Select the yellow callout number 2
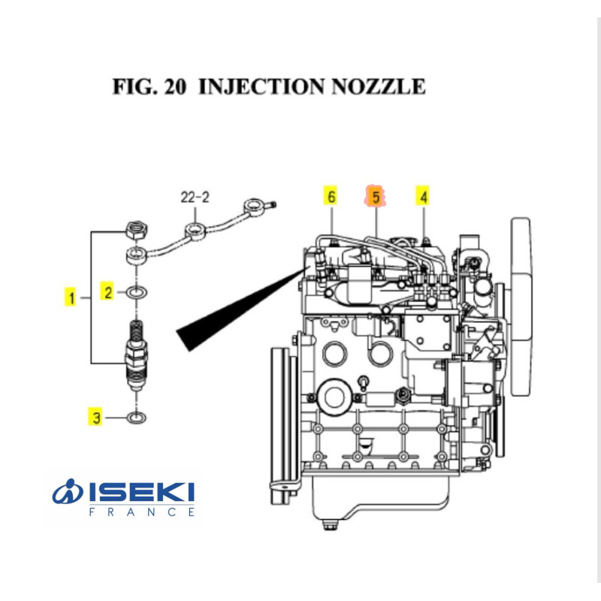click(108, 292)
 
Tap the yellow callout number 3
click(95, 416)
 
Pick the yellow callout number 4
click(424, 197)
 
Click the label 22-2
click(195, 198)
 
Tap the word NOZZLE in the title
click(373, 86)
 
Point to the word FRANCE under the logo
click(142, 512)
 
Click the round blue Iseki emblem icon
click(69, 494)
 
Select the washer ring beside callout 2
click(137, 292)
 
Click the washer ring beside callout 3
click(136, 416)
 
